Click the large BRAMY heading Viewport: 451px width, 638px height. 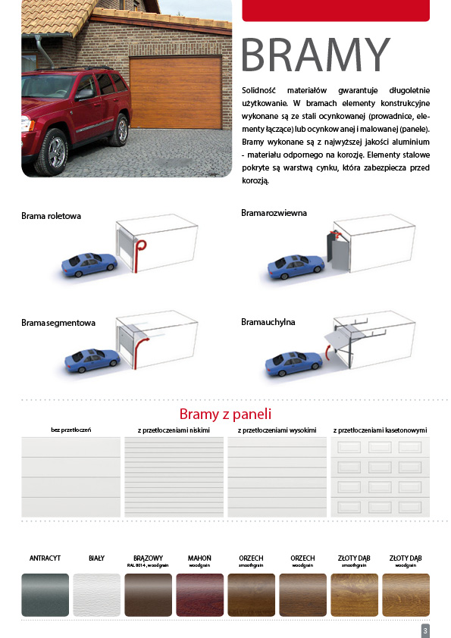click(x=316, y=55)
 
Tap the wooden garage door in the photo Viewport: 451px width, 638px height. click(x=176, y=92)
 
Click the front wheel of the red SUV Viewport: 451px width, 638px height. click(x=54, y=152)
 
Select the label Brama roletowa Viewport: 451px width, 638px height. click(x=52, y=216)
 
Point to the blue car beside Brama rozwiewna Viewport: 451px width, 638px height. click(x=296, y=267)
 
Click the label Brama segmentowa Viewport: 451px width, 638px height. click(x=58, y=323)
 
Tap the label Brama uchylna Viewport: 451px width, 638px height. click(x=268, y=322)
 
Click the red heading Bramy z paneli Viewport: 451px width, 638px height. click(x=225, y=414)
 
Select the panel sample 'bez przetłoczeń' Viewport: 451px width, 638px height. click(x=70, y=477)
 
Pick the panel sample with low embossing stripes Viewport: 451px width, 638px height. click(x=174, y=477)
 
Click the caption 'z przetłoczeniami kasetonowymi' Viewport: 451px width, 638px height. click(x=381, y=430)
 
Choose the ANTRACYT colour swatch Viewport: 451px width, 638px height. click(x=45, y=595)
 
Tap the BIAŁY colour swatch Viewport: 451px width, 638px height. click(x=96, y=595)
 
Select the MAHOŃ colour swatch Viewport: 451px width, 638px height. click(x=200, y=595)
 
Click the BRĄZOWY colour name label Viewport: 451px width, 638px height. click(x=148, y=558)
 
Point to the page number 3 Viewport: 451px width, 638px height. click(x=425, y=631)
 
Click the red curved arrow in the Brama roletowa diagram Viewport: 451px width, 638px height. click(x=139, y=256)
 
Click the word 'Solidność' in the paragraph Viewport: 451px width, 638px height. click(x=258, y=90)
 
